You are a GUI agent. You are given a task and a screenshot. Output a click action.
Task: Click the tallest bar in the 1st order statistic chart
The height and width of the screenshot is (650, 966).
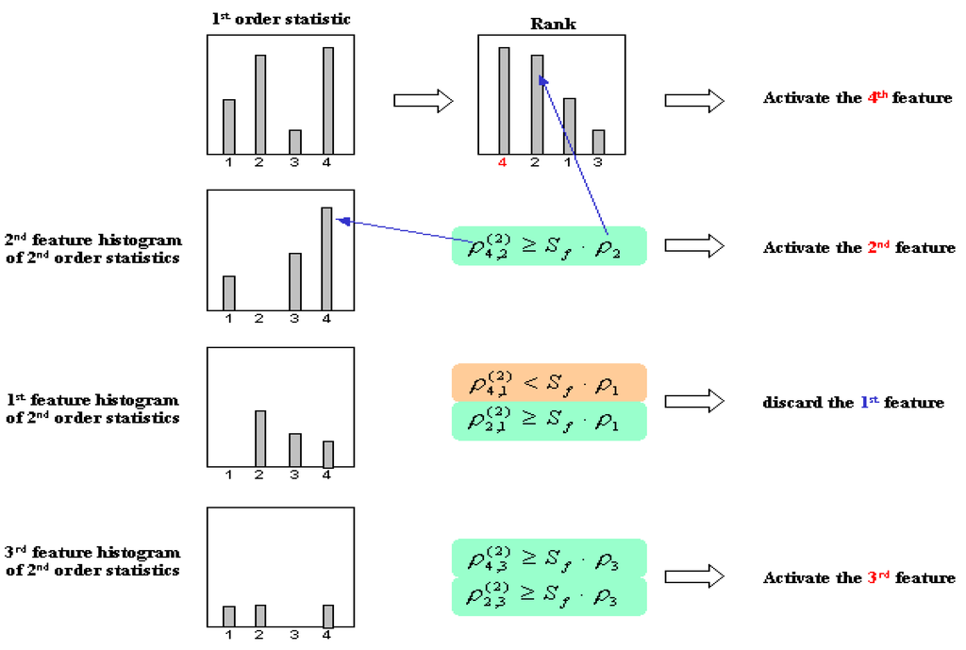tap(327, 100)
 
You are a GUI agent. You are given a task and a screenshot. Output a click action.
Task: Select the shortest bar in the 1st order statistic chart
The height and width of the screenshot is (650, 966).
tap(294, 142)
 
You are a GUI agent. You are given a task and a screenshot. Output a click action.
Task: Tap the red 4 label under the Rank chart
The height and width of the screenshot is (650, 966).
tap(503, 162)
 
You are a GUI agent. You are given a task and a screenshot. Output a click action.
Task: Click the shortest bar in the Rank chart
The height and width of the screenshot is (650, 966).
tap(598, 142)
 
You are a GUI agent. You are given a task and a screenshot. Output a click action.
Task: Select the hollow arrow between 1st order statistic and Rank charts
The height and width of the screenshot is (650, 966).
tap(422, 101)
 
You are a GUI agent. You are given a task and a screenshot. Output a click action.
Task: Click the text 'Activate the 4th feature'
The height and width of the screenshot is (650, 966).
tap(858, 98)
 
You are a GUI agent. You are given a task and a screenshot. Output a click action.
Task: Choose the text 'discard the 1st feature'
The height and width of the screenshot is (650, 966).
tap(853, 403)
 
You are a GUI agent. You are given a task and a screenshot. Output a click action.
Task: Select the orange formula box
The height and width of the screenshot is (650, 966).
tap(549, 382)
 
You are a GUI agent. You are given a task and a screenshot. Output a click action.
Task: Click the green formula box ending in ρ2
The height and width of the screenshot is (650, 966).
tap(549, 245)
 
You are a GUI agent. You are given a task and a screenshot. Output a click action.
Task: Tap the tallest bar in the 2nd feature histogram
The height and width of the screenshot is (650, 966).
tap(327, 258)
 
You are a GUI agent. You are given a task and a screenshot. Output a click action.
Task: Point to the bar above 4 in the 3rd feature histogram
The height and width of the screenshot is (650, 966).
tap(328, 616)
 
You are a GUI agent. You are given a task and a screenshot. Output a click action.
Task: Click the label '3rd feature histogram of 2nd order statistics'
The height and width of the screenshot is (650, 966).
tap(92, 561)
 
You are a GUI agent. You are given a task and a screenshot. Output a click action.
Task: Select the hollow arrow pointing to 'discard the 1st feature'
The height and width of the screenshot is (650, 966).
tap(693, 402)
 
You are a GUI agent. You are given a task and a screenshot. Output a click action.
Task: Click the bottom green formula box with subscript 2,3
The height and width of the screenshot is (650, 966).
tap(549, 597)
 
